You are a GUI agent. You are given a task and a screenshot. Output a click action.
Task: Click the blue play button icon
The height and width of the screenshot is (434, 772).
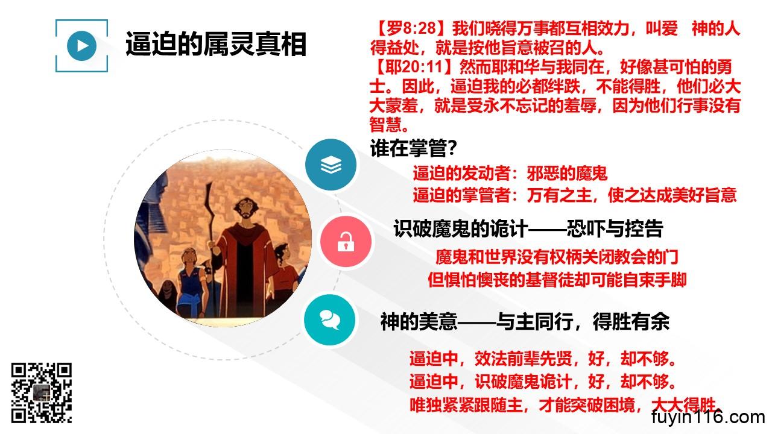[x=81, y=46]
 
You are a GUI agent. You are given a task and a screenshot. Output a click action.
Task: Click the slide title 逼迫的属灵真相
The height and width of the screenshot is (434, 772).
[x=216, y=44]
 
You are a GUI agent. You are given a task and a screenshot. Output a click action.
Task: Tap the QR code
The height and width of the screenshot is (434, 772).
[x=42, y=392]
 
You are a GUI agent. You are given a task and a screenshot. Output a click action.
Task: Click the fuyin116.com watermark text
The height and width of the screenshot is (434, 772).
[x=708, y=417]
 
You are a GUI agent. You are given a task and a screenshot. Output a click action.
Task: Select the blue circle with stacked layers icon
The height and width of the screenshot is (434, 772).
[x=331, y=165]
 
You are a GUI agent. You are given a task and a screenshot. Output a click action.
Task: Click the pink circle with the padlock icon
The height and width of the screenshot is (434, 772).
[x=346, y=242]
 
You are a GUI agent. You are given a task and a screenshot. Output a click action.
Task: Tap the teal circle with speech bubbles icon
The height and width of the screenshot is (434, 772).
[x=329, y=319]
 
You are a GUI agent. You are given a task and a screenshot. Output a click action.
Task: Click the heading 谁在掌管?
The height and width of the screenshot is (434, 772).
[x=414, y=148]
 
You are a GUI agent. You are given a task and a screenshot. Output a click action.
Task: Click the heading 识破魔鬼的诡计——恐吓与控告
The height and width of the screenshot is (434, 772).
[x=528, y=228]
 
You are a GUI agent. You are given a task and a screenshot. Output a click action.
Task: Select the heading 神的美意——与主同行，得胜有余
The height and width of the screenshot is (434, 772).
[x=525, y=322]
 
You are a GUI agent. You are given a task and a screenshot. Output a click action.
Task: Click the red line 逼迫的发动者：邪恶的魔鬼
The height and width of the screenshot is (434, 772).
[x=510, y=173]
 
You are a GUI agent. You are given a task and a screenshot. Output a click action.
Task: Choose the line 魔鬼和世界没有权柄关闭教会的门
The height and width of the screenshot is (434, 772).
[x=557, y=257]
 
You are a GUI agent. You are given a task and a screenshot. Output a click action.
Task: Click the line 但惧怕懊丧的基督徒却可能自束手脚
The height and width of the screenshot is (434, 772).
[x=557, y=280]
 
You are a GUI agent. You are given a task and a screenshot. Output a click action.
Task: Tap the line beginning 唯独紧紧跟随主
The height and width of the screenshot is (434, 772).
[x=565, y=405]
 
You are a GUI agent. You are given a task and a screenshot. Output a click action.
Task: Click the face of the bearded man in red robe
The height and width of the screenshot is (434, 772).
[x=246, y=209]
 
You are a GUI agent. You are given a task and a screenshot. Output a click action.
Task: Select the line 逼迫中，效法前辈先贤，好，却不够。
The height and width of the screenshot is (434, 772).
[x=542, y=359]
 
